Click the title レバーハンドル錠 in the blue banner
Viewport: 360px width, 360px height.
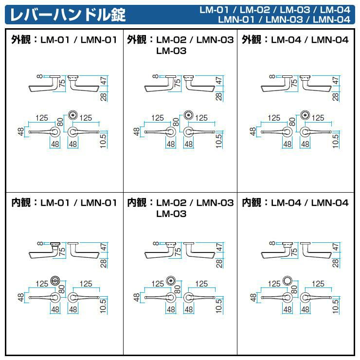pos(68,15)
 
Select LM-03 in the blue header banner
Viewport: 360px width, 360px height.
pos(295,10)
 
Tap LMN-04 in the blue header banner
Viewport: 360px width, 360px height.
pos(331,19)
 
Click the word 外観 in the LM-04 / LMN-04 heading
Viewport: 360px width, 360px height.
pos(252,40)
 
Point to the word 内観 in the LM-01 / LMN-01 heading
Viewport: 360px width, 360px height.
pos(21,202)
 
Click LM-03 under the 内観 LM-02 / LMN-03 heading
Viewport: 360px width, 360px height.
pos(171,214)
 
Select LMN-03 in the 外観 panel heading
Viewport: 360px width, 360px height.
pos(215,40)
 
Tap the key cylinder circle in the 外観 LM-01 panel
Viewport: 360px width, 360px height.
pos(73,115)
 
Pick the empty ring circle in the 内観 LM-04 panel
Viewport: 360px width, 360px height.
pos(288,280)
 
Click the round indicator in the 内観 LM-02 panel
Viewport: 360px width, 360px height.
pos(171,281)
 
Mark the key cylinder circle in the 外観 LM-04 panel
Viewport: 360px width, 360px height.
pos(305,115)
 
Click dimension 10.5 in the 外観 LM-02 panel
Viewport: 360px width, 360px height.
pos(219,141)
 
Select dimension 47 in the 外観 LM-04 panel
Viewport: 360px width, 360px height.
pos(336,81)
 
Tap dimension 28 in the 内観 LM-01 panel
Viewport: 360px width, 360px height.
pos(104,263)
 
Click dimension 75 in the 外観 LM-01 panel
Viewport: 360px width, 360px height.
pos(62,83)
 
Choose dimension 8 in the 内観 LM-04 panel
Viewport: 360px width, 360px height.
pos(272,243)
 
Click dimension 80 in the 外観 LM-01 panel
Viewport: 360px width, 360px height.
pos(60,122)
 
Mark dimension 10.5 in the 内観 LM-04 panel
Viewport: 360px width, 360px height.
pos(336,306)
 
